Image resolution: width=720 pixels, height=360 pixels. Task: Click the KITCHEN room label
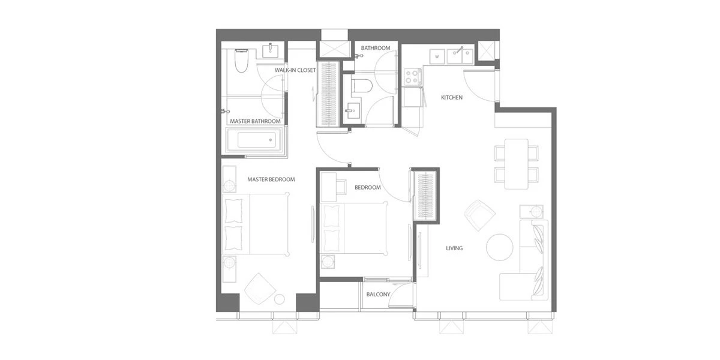click(x=452, y=97)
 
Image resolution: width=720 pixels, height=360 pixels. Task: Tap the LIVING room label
click(x=454, y=248)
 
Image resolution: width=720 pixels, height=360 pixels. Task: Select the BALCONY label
click(x=379, y=295)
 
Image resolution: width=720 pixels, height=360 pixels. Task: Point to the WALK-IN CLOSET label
click(x=295, y=70)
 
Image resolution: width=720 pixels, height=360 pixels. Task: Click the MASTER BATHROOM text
click(x=255, y=121)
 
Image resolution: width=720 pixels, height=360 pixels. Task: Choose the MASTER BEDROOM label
click(x=271, y=179)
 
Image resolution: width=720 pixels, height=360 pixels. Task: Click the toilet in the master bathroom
click(x=241, y=61)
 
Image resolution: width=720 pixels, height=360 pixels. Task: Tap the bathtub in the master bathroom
click(x=254, y=140)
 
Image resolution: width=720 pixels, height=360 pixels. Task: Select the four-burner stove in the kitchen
click(x=413, y=77)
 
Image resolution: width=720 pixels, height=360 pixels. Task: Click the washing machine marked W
click(x=437, y=56)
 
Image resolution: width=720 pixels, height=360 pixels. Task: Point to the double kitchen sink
click(x=460, y=56)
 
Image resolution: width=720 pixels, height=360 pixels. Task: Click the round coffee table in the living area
click(x=499, y=247)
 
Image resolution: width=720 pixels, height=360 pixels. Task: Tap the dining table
click(x=517, y=164)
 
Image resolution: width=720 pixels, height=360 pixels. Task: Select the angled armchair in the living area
click(x=479, y=215)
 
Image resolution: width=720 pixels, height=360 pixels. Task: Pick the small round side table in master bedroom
click(x=280, y=299)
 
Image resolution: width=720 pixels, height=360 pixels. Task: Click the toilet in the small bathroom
click(x=362, y=86)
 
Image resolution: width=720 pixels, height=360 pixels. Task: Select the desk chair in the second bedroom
click(x=341, y=187)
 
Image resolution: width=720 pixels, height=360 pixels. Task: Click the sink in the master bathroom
click(x=271, y=50)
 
